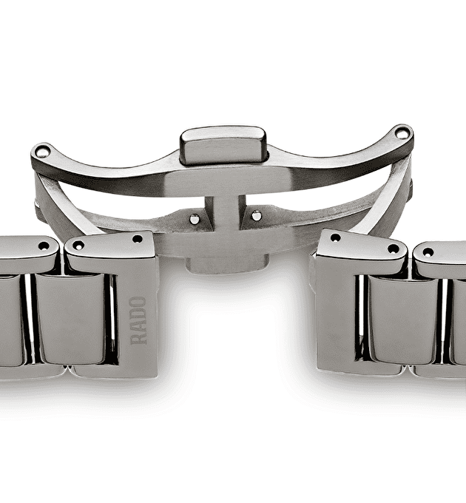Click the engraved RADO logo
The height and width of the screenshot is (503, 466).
(138, 320)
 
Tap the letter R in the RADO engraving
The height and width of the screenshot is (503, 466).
(138, 339)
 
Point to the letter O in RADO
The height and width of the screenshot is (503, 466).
(138, 303)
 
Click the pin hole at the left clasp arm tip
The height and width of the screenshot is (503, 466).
(42, 151)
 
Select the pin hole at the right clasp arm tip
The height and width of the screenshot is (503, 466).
(402, 134)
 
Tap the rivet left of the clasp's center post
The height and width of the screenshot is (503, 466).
(195, 219)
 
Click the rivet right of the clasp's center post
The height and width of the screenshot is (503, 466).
(256, 216)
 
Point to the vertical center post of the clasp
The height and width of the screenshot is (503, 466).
(225, 215)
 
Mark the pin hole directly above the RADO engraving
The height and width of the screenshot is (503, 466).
(138, 239)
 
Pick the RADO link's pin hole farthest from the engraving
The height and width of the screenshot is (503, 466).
(78, 246)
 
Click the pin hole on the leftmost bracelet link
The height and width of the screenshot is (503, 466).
(44, 246)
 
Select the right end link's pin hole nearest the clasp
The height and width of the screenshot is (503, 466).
(335, 238)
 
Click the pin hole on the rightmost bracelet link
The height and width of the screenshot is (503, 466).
(428, 252)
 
